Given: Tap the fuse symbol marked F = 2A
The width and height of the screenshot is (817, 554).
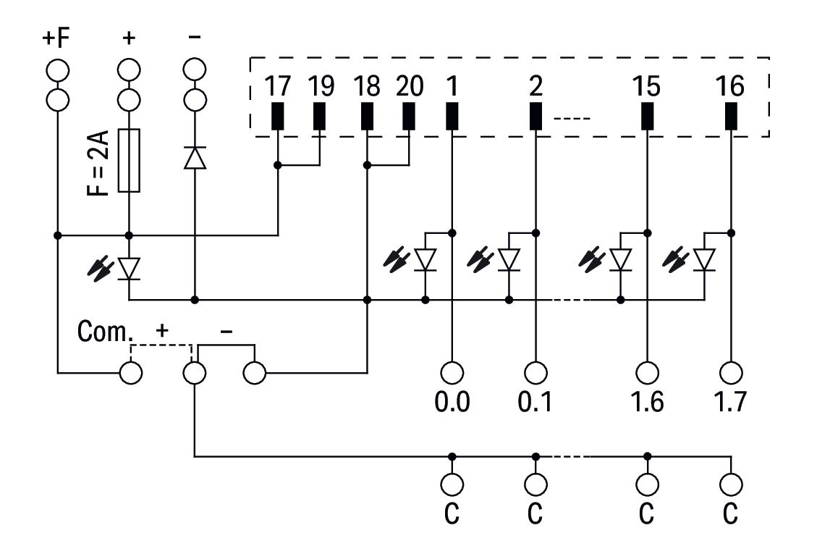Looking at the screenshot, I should pos(129,161).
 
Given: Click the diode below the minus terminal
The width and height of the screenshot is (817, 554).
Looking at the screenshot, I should pos(194,157).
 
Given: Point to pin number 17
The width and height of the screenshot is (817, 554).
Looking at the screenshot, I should pos(277,86).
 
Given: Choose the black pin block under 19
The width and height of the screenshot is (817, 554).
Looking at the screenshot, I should pos(319,117).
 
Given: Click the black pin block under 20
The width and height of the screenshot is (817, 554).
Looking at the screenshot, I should pos(409,117).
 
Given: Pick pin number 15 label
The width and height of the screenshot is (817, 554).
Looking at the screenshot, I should pos(646,86).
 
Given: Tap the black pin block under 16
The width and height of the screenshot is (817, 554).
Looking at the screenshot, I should pos(731,117).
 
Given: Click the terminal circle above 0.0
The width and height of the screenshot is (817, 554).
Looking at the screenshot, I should pos(452,372).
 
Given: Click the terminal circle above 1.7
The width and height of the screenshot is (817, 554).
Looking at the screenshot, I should pos(731,372).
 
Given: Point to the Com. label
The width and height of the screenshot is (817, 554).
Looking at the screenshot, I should pos(106,334).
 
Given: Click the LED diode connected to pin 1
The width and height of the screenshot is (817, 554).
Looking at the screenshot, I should pos(425,259).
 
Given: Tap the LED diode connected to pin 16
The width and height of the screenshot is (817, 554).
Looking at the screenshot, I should pos(704,259).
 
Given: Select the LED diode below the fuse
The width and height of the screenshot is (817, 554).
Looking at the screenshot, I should pos(129,268).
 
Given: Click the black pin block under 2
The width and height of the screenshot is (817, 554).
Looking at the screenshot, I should pos(536,117).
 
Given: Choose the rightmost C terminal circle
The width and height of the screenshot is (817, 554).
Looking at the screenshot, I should pos(731,484).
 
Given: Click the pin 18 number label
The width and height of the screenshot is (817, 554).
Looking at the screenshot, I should pos(368,86).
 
